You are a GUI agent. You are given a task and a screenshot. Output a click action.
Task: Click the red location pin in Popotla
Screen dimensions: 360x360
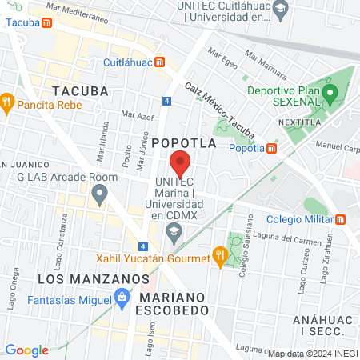pos(180,162)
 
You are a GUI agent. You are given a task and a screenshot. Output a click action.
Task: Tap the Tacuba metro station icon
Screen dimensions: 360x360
pos(48,22)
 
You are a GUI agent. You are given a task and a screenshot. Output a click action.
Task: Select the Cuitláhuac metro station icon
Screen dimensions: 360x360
pos(160,62)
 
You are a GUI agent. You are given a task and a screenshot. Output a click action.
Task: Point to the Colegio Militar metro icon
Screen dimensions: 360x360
pos(341,219)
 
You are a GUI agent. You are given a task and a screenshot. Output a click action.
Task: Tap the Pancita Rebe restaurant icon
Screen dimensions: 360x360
pos(7,102)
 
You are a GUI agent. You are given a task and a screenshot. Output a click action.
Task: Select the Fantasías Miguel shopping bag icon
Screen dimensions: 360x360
pos(122,300)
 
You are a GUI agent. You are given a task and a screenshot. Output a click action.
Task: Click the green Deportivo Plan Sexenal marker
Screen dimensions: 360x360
pos(328,94)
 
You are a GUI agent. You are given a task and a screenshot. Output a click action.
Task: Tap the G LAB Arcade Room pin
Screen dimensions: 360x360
pos(99,192)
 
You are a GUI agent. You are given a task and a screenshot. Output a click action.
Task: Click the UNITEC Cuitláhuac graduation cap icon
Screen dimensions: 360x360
pos(280,10)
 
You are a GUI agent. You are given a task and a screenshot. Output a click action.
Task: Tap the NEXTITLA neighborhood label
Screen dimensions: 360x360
pos(300,122)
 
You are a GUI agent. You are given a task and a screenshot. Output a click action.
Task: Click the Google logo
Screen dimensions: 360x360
pos(26,350)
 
